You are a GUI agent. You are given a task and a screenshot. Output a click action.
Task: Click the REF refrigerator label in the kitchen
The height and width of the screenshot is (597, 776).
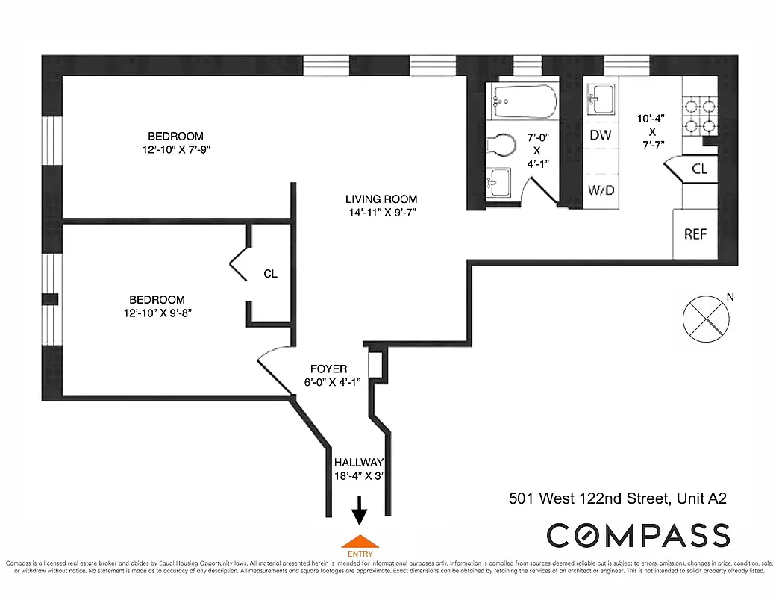tap(695, 234)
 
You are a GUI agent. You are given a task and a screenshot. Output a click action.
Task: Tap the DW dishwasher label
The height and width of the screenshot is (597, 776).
tap(601, 135)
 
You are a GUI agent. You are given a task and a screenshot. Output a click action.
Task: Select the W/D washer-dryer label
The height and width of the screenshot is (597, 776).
tap(601, 190)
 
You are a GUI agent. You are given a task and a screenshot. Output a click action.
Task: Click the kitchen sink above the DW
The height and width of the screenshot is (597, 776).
tap(601, 96)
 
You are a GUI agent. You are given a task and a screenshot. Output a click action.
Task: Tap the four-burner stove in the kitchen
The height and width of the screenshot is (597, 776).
tap(700, 116)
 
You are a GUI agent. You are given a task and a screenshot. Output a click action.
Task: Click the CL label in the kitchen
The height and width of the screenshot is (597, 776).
tap(699, 169)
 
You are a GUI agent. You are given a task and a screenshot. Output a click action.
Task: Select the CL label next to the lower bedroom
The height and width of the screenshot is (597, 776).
tap(270, 274)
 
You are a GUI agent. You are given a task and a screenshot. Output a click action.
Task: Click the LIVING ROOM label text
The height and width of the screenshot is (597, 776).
tap(381, 199)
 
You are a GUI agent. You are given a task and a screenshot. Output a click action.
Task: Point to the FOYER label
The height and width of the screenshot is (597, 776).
tap(328, 369)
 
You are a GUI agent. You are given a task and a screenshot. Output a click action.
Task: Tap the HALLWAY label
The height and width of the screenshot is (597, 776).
tap(358, 463)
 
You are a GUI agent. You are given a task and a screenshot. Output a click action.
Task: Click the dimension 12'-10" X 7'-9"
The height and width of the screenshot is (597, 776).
tap(175, 149)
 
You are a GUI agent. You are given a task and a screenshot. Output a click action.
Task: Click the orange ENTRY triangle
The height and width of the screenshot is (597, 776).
tap(359, 541)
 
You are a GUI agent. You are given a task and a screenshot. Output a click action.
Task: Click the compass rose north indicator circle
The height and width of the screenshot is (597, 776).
tap(705, 317)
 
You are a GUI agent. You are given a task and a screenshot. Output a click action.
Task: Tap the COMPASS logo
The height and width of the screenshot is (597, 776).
tap(638, 535)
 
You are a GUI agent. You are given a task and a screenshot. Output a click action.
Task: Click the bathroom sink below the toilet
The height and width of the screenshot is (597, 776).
tap(498, 181)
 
